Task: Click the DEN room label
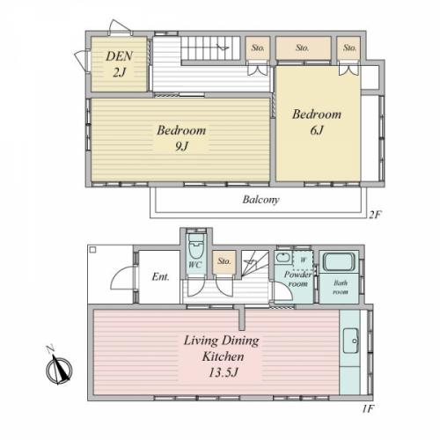click(120, 64)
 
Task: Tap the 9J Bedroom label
click(181, 138)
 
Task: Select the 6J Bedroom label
click(317, 122)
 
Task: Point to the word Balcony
click(260, 200)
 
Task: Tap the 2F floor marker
click(375, 215)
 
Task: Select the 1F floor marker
click(368, 408)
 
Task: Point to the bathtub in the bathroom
click(339, 262)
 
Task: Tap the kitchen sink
click(351, 341)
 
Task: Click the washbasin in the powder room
click(282, 258)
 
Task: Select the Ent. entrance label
click(160, 276)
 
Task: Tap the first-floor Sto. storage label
click(224, 261)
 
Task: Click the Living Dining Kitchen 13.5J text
click(222, 356)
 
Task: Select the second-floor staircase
click(210, 48)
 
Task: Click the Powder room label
click(297, 279)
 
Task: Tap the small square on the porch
click(93, 250)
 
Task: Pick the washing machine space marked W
click(304, 260)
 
